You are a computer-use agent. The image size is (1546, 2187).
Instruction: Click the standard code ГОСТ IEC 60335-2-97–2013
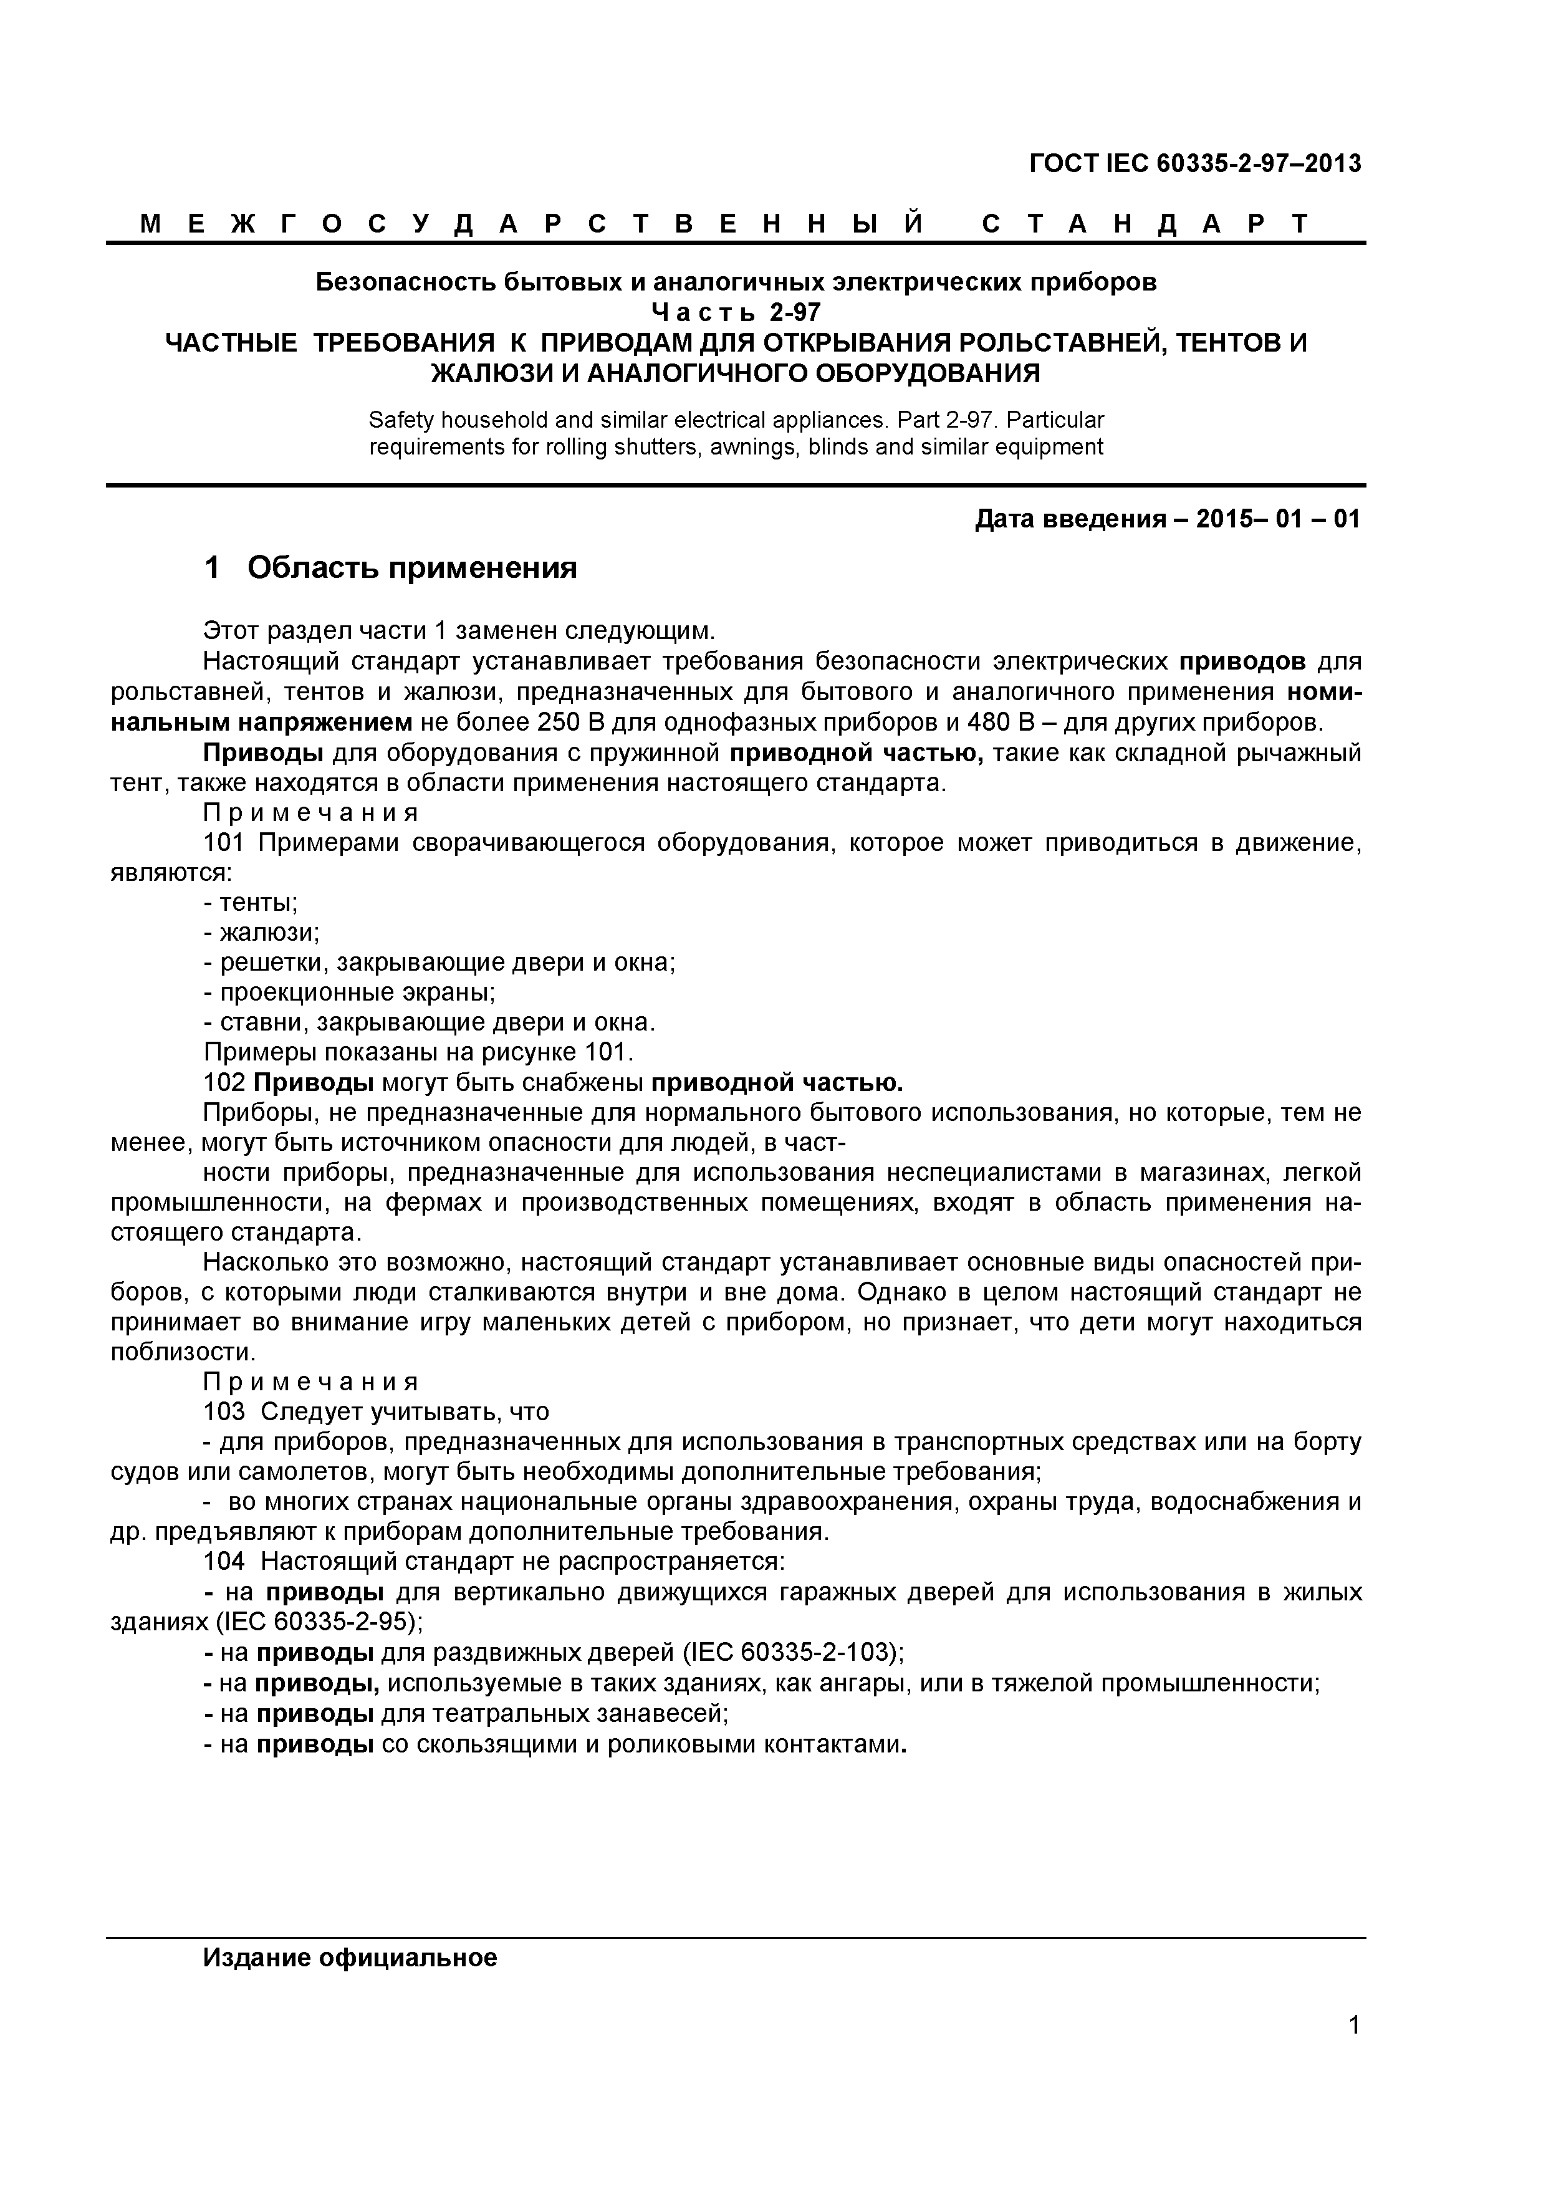1196,164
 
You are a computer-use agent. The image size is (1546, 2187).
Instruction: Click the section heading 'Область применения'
413,568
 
